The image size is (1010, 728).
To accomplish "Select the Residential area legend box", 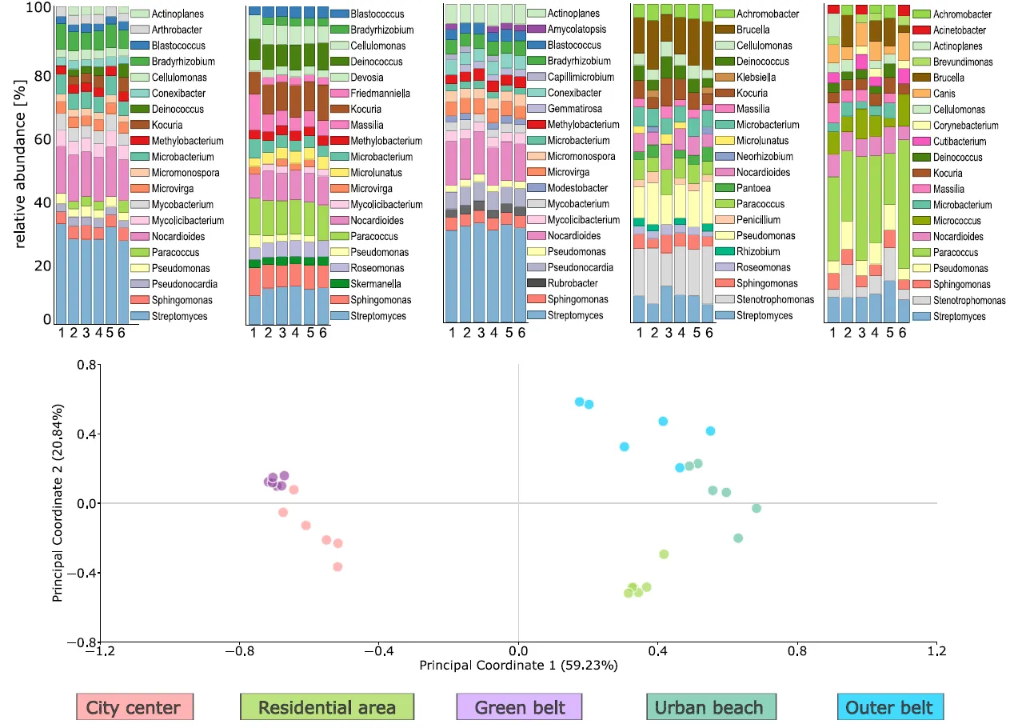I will [327, 707].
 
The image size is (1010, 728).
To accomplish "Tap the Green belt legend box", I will [519, 707].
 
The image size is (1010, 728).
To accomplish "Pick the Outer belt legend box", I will [889, 707].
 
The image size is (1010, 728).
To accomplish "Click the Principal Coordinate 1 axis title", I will [518, 665].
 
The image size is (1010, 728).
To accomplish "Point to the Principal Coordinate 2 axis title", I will [58, 502].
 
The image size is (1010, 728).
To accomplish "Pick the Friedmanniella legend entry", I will [378, 94].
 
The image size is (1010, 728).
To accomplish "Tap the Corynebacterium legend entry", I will [965, 126].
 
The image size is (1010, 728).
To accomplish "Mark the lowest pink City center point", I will [337, 566].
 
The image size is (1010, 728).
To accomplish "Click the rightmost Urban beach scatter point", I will [757, 508].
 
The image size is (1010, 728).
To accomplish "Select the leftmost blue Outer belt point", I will [579, 402].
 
